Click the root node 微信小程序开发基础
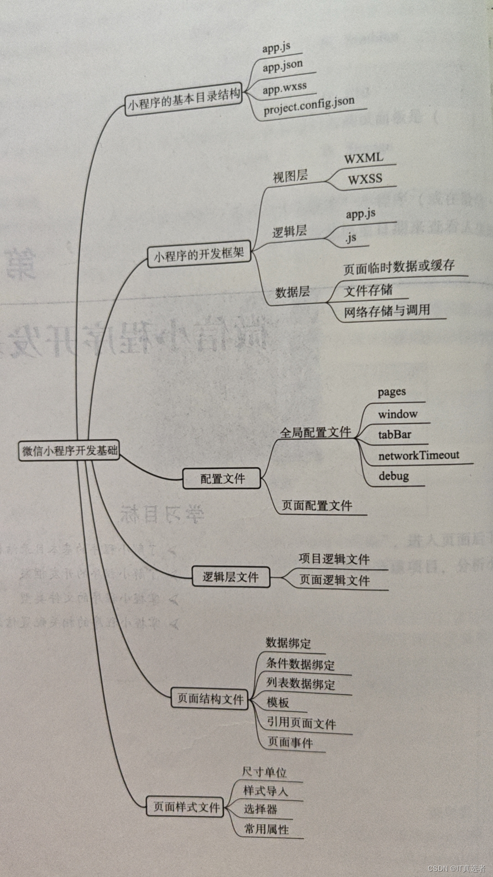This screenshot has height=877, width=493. coord(69,451)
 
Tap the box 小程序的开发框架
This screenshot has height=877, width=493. coord(199,254)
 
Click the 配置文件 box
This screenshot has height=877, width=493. coord(222,478)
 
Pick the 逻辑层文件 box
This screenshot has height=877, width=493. coord(231,577)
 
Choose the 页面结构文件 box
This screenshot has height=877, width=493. coord(210,698)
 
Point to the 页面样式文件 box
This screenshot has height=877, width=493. coord(186,807)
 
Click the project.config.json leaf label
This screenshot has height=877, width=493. coord(309,106)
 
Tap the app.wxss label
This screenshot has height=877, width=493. coord(284,87)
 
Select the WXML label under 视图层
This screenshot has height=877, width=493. coord(364,158)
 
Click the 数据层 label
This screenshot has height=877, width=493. coord(293,292)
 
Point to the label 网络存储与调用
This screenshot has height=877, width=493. coord(387,311)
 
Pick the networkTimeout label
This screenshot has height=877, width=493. coord(419,455)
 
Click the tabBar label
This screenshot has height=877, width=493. coord(394,434)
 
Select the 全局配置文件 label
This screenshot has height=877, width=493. coord(315,432)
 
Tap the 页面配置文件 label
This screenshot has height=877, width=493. coord(317,505)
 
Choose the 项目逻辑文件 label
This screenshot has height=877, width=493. coord(334,559)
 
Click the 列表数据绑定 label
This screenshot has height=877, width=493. coord(301,683)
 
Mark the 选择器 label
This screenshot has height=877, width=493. coord(261,809)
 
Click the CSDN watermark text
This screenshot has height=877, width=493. coord(456,868)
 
